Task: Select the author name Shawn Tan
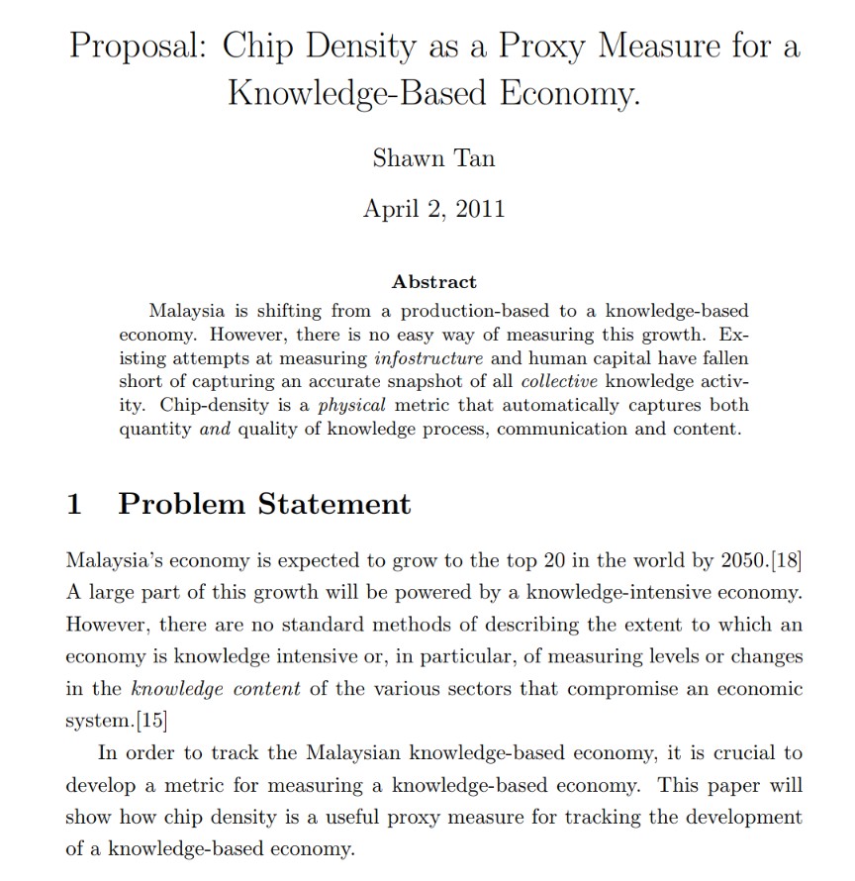click(x=433, y=157)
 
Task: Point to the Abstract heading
click(x=433, y=282)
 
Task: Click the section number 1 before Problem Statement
click(x=74, y=504)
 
